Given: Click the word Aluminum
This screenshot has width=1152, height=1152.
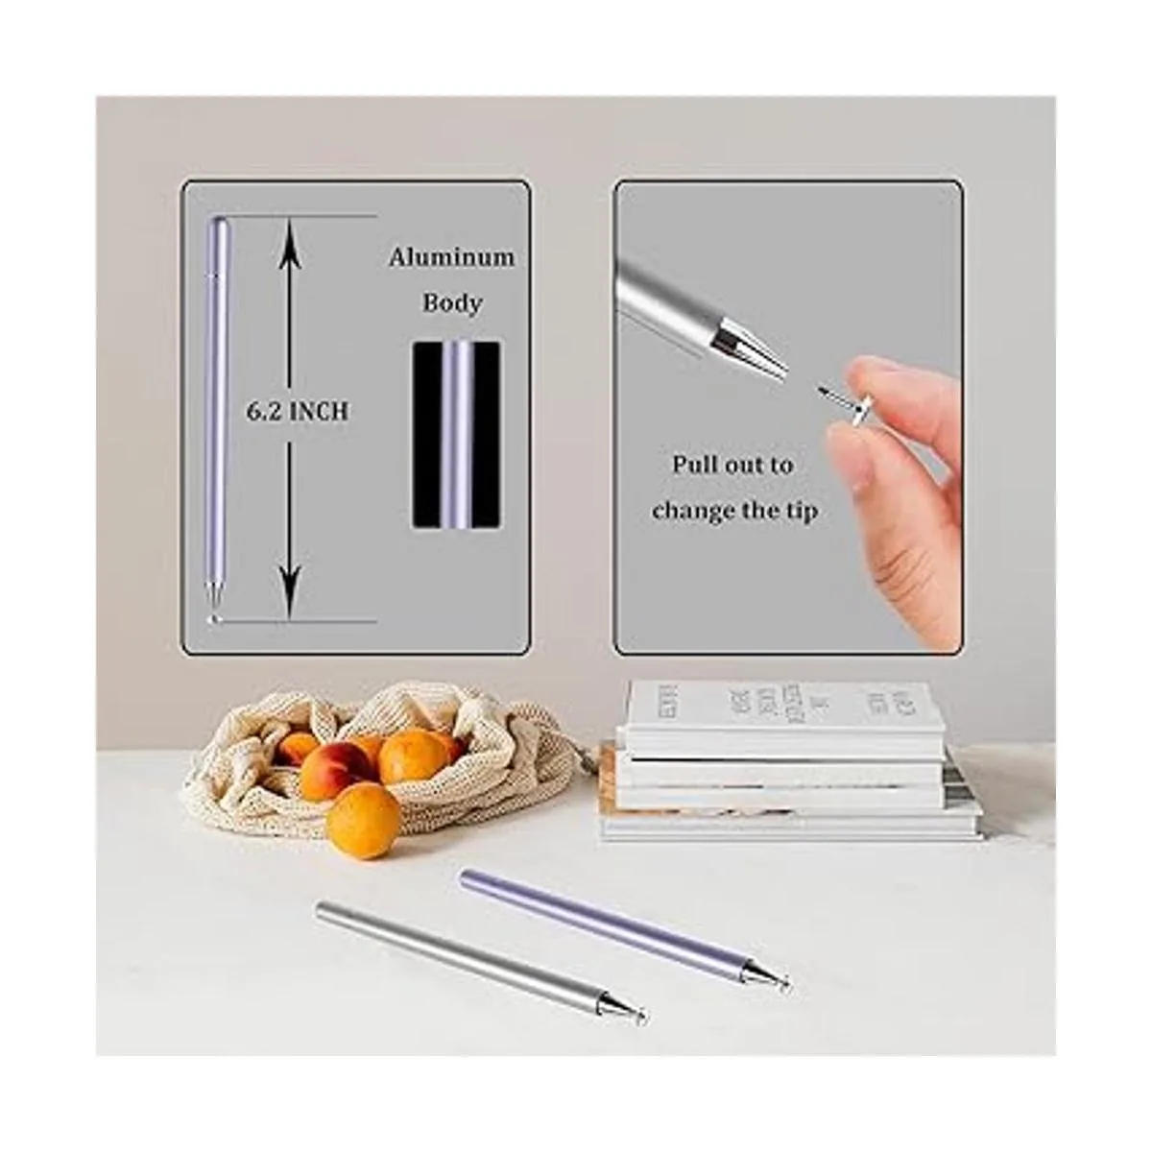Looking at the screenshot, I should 451,257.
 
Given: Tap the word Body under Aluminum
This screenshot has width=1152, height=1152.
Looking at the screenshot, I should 452,303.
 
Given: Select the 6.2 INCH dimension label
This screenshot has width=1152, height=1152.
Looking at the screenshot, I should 298,412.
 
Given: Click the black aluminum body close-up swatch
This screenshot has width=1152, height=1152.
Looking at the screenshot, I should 456,434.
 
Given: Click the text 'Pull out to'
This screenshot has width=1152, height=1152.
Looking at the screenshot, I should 732,466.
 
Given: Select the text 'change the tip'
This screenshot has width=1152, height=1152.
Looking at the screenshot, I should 734,511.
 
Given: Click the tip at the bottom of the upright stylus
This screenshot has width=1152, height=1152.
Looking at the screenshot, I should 213,618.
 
